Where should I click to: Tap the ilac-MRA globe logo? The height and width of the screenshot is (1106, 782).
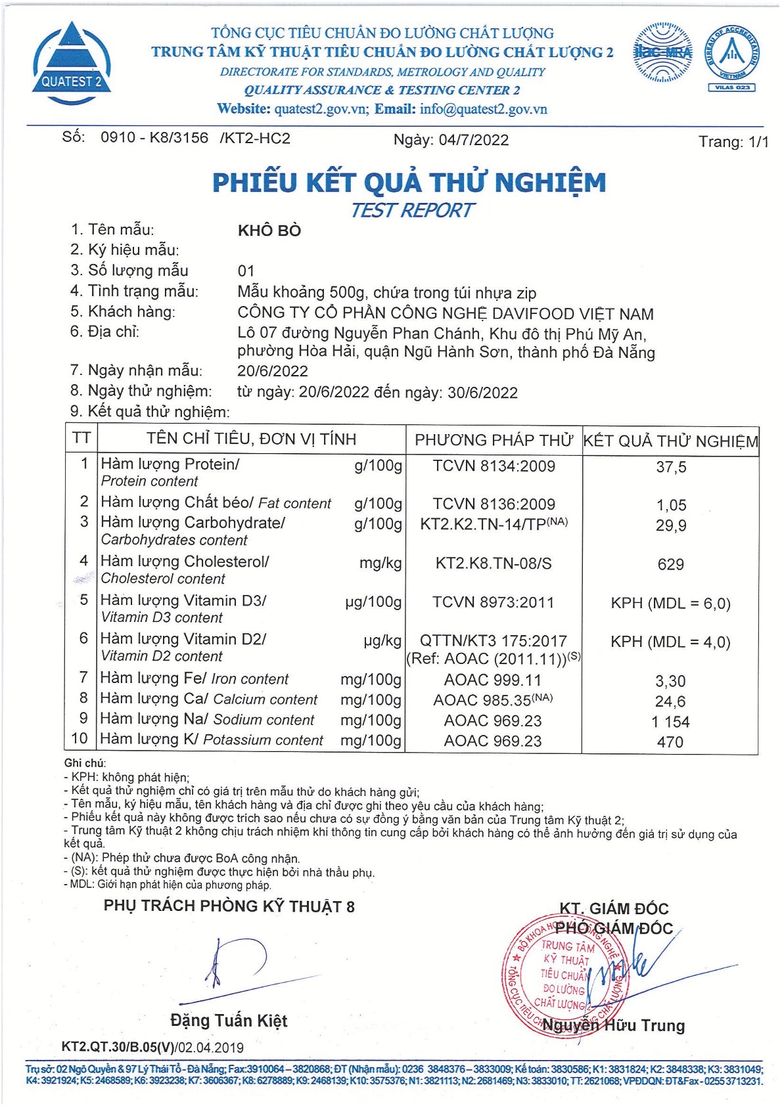click(x=662, y=53)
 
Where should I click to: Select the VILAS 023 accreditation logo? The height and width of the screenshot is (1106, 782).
click(x=731, y=58)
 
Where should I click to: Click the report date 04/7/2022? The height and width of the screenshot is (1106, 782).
click(x=473, y=140)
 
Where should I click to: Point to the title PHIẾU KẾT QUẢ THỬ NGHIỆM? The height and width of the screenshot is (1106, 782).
click(x=409, y=183)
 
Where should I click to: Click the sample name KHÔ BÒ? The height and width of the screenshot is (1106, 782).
click(x=269, y=231)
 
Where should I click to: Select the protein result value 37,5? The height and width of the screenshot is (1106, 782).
click(x=671, y=467)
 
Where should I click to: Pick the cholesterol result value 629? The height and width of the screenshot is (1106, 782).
click(x=671, y=564)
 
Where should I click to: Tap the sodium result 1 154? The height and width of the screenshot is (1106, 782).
click(x=671, y=722)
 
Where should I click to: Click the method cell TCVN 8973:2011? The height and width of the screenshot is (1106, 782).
click(x=494, y=602)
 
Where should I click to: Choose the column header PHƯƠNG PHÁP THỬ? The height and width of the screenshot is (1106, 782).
click(x=494, y=440)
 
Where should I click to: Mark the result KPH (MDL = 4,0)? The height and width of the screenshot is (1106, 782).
click(x=671, y=642)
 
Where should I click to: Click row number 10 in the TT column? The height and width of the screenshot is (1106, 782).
click(x=80, y=739)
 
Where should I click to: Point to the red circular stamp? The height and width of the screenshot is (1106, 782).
click(x=564, y=977)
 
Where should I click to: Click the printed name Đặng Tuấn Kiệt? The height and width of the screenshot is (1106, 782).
click(x=229, y=1021)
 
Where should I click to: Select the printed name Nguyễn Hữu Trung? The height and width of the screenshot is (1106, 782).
click(x=614, y=1026)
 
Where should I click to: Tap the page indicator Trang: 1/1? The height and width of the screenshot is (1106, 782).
click(x=733, y=142)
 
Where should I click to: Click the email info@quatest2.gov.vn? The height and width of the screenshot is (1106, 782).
click(x=483, y=109)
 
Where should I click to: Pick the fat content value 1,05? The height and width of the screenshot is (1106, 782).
click(x=671, y=505)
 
